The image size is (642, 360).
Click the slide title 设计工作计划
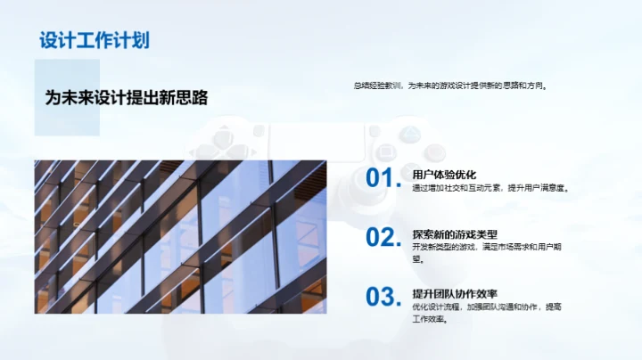[94, 40]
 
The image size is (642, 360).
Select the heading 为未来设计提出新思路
[132, 98]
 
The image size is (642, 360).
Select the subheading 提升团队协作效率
[455, 293]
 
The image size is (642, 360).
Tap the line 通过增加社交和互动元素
[490, 188]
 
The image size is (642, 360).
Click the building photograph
[180, 237]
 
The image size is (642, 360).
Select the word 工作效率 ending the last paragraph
[428, 320]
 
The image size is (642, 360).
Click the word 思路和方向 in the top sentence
[532, 86]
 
